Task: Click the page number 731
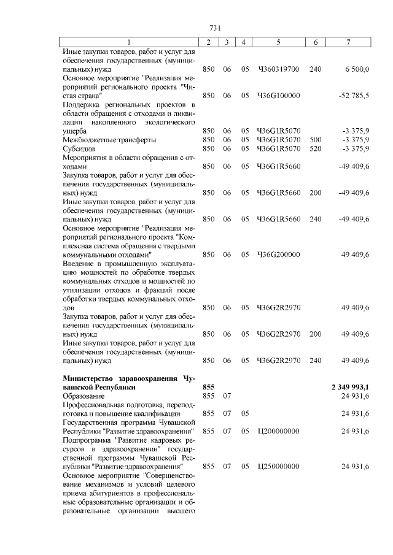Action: [x=215, y=28]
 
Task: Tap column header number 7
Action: [x=348, y=42]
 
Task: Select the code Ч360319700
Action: [x=278, y=70]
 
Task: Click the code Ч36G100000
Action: [x=278, y=96]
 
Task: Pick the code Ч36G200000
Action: [x=278, y=254]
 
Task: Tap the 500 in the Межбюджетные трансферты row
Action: [x=316, y=140]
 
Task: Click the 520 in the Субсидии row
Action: [x=316, y=148]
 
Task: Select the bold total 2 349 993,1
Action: [x=349, y=388]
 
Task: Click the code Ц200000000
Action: [x=278, y=431]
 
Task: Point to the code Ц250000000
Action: [x=278, y=467]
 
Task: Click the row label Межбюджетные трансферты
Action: [x=105, y=140]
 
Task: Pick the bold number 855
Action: [x=209, y=388]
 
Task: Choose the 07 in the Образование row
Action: [x=227, y=396]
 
